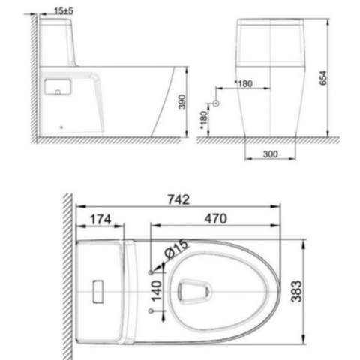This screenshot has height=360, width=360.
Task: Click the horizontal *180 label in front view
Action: click(x=244, y=83)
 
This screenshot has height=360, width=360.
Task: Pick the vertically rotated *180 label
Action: click(x=203, y=118)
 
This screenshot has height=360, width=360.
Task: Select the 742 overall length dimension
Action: click(x=178, y=199)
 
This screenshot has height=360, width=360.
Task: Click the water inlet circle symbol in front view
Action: click(x=215, y=103)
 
